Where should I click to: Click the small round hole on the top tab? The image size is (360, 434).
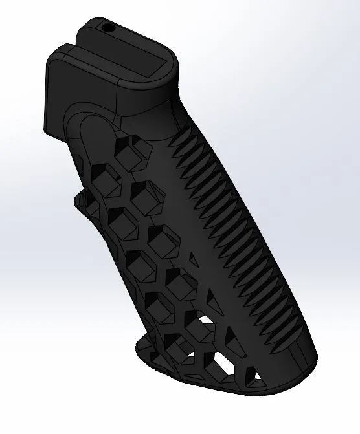pyautogui.click(x=107, y=28)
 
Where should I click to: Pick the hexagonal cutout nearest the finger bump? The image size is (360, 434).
pyautogui.click(x=97, y=197)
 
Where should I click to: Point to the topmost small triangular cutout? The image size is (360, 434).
pyautogui.click(x=193, y=259)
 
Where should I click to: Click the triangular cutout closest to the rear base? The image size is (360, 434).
pyautogui.click(x=258, y=375)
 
